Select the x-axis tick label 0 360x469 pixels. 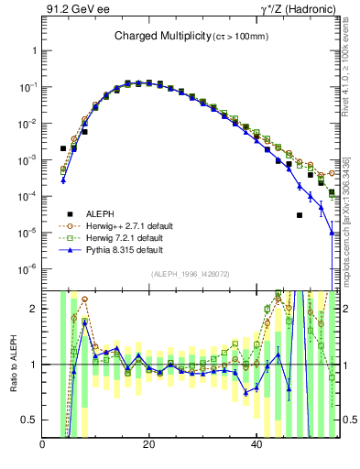pyautogui.click(x=43, y=445)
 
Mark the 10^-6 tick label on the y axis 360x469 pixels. pyautogui.click(x=29, y=269)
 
